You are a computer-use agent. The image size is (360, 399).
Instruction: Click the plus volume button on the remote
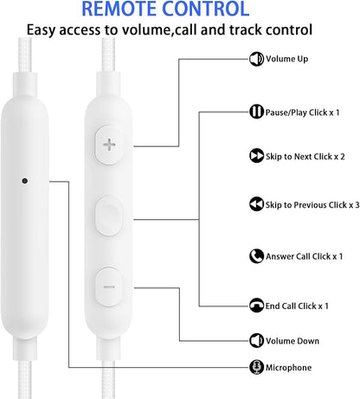tap(109, 145)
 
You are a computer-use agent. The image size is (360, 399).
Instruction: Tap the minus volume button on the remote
tap(109, 286)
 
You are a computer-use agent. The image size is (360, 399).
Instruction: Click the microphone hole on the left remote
tap(25, 181)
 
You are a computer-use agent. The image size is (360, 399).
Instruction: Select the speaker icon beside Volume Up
tap(256, 59)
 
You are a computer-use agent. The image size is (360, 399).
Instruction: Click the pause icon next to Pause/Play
tap(256, 112)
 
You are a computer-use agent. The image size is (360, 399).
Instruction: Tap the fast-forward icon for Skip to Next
tap(256, 156)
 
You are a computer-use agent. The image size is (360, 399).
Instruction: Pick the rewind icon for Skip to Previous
tap(256, 204)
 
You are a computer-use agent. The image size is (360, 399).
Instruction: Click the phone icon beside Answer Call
tap(256, 256)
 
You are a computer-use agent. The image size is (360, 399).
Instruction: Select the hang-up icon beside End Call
tap(256, 306)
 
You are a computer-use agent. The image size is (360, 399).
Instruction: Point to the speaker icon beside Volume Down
tap(256, 340)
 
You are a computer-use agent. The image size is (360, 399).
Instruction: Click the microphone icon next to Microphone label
tap(256, 367)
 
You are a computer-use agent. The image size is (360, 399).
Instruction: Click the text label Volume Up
tap(286, 59)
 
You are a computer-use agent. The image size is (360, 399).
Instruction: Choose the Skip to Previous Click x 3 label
tap(312, 205)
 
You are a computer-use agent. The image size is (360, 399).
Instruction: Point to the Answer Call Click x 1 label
tap(305, 256)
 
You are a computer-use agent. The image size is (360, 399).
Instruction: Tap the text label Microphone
tap(288, 368)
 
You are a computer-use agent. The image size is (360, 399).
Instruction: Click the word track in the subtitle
tap(245, 29)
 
